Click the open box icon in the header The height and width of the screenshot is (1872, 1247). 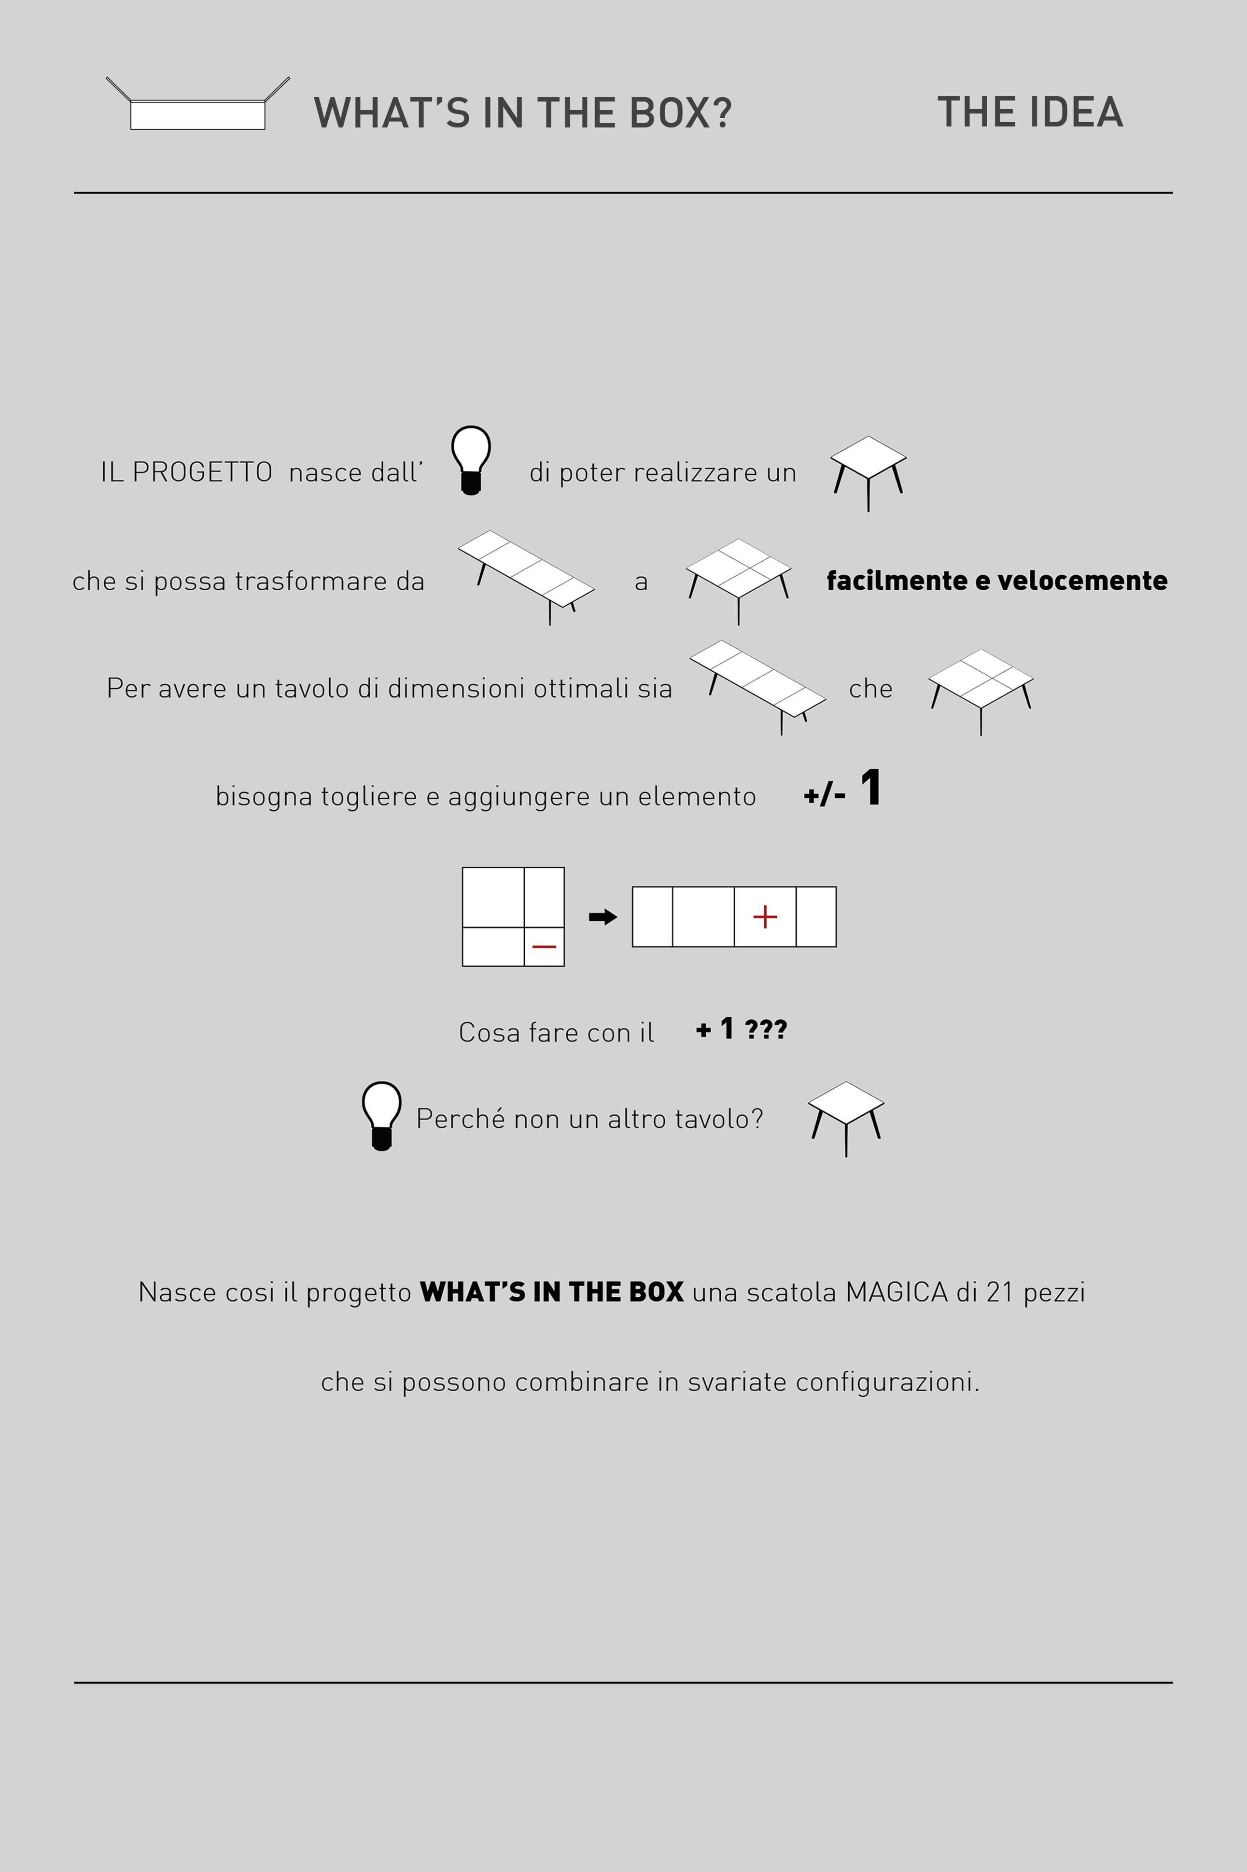pyautogui.click(x=197, y=107)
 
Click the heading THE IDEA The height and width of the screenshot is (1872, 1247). pyautogui.click(x=1030, y=112)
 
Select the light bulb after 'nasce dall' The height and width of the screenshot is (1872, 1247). pyautogui.click(x=471, y=459)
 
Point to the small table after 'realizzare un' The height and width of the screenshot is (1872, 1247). pyautogui.click(x=868, y=471)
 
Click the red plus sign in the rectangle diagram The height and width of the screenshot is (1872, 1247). pyautogui.click(x=765, y=916)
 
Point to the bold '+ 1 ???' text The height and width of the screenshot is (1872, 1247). pyautogui.click(x=741, y=1029)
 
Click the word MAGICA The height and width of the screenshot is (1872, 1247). pyautogui.click(x=897, y=1292)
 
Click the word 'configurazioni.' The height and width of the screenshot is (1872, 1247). pyautogui.click(x=887, y=1382)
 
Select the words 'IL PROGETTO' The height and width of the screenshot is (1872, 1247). pyautogui.click(x=186, y=472)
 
